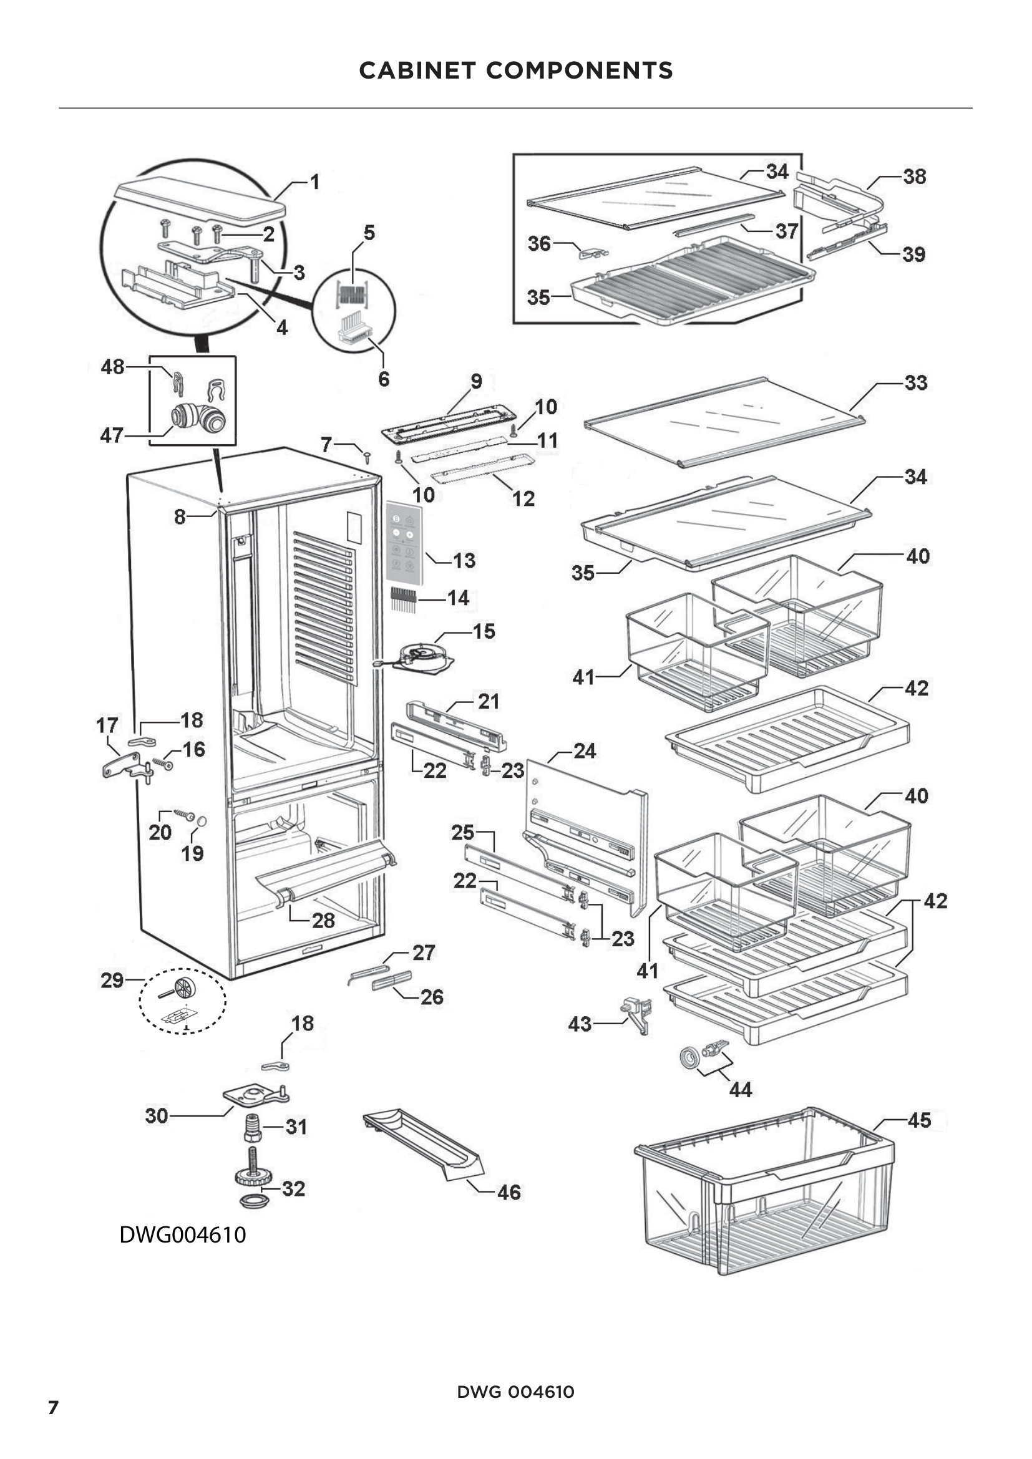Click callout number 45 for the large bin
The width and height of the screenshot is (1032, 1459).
(x=920, y=1120)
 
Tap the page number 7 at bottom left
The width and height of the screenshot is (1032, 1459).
(x=54, y=1407)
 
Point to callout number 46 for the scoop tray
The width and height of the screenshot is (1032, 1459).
(x=509, y=1192)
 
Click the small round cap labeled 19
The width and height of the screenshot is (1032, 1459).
(x=202, y=821)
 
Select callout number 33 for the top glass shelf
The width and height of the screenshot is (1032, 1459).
(x=916, y=382)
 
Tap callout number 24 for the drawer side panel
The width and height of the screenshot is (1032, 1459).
(x=585, y=751)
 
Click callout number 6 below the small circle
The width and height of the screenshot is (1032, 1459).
(x=384, y=379)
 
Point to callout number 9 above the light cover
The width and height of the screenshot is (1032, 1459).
(x=476, y=381)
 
